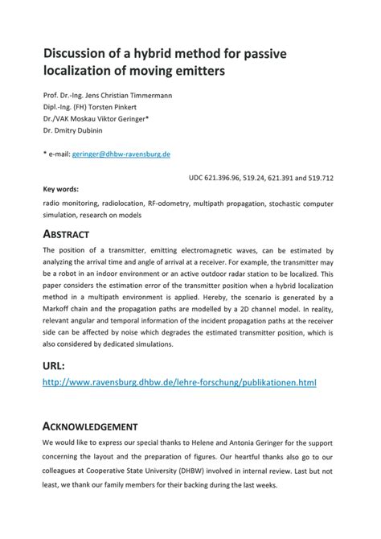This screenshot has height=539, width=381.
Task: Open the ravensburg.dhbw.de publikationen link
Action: coord(179,383)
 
